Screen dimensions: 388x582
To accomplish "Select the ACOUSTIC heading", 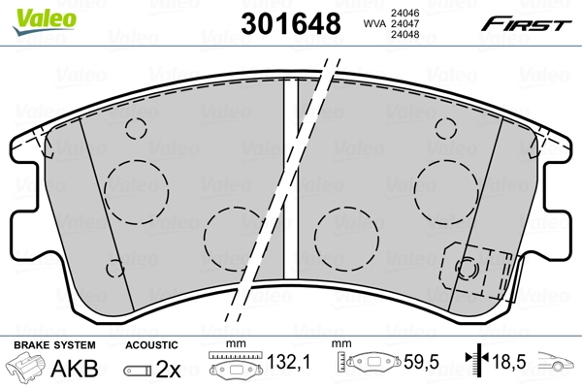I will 150,345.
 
